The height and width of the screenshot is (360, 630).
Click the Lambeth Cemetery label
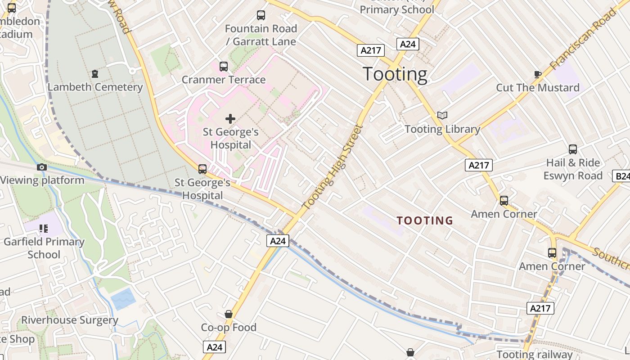pos(95,87)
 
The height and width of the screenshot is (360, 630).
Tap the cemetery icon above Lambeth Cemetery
pos(95,73)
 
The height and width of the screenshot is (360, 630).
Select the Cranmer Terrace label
pos(224,80)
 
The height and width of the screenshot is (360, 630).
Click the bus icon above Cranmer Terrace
pos(224,67)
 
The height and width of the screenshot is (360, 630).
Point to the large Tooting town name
pos(395,74)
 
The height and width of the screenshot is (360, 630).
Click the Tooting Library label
pos(442,129)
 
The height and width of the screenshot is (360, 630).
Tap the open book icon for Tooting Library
pos(443,116)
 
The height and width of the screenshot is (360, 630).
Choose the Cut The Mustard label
pos(538,87)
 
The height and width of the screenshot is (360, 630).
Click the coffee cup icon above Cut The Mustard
pos(537,74)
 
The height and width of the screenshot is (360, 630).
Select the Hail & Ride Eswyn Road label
pos(573,169)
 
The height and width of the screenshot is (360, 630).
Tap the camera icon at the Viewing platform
pos(42,167)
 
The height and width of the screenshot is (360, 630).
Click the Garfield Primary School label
pos(44,248)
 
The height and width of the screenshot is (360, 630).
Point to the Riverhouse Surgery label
pos(70,320)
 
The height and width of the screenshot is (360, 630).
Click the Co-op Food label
pos(229,328)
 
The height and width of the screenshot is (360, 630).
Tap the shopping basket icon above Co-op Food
pos(229,314)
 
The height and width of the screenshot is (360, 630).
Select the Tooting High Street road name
pos(333,167)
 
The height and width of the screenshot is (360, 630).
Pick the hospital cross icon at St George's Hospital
pos(230,119)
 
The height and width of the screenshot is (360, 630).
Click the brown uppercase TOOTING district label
pos(425,220)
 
